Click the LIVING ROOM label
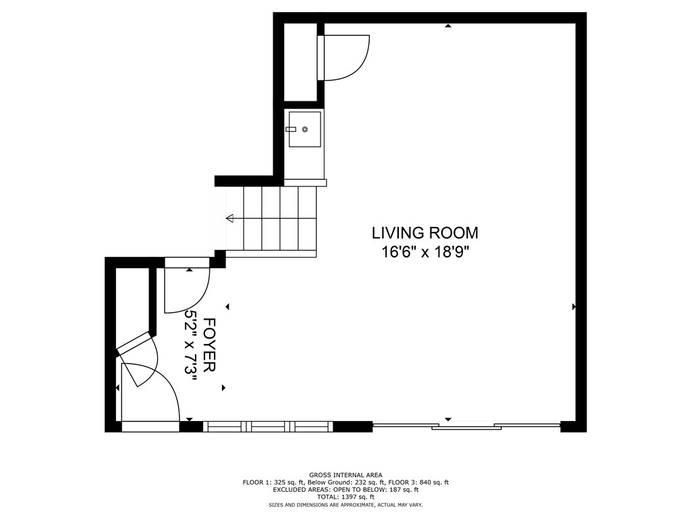pyautogui.click(x=425, y=232)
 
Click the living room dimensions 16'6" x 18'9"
pyautogui.click(x=425, y=253)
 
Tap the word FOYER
pyautogui.click(x=210, y=345)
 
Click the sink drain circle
pyautogui.click(x=304, y=129)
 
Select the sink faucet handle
pyautogui.click(x=291, y=129)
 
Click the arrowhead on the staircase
pyautogui.click(x=229, y=218)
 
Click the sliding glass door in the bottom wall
pyautogui.click(x=466, y=426)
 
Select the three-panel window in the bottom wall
pyautogui.click(x=268, y=426)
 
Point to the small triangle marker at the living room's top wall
pyautogui.click(x=448, y=26)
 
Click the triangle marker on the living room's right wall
pyautogui.click(x=574, y=306)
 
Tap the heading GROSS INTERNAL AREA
pyautogui.click(x=346, y=475)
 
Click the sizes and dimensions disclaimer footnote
pyautogui.click(x=346, y=504)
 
